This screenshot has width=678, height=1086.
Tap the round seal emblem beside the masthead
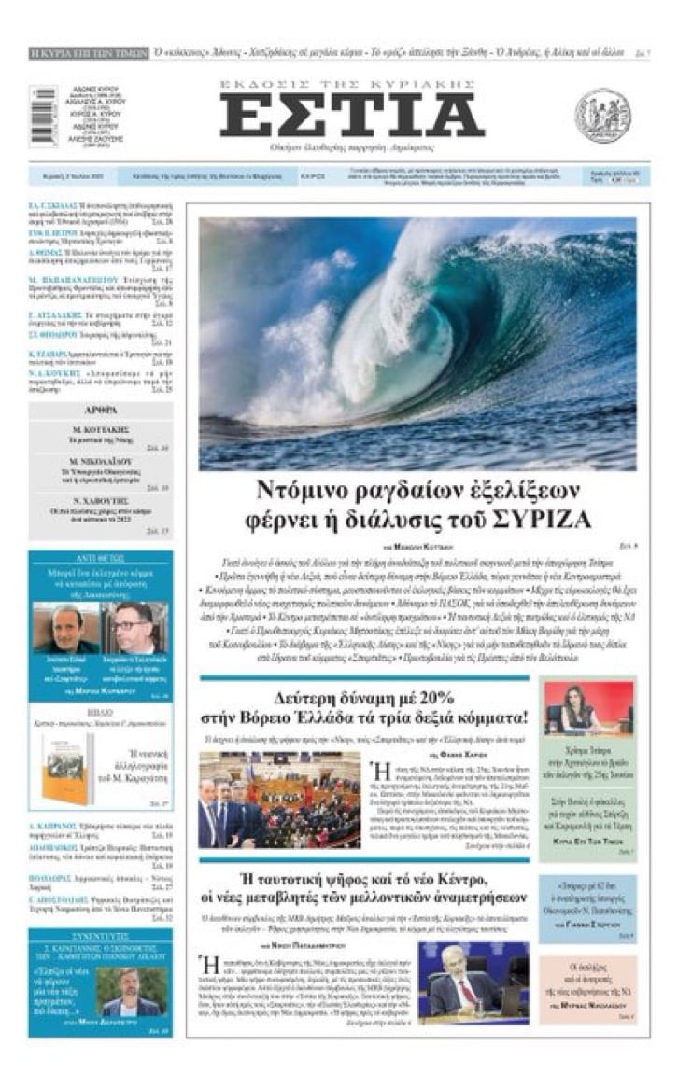[602, 115]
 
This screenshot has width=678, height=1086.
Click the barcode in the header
[43, 116]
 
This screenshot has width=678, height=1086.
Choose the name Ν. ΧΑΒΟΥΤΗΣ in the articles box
[100, 499]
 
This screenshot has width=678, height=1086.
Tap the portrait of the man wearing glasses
[135, 628]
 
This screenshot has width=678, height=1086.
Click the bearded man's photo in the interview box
[134, 989]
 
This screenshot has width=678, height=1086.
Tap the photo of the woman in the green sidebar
[575, 706]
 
